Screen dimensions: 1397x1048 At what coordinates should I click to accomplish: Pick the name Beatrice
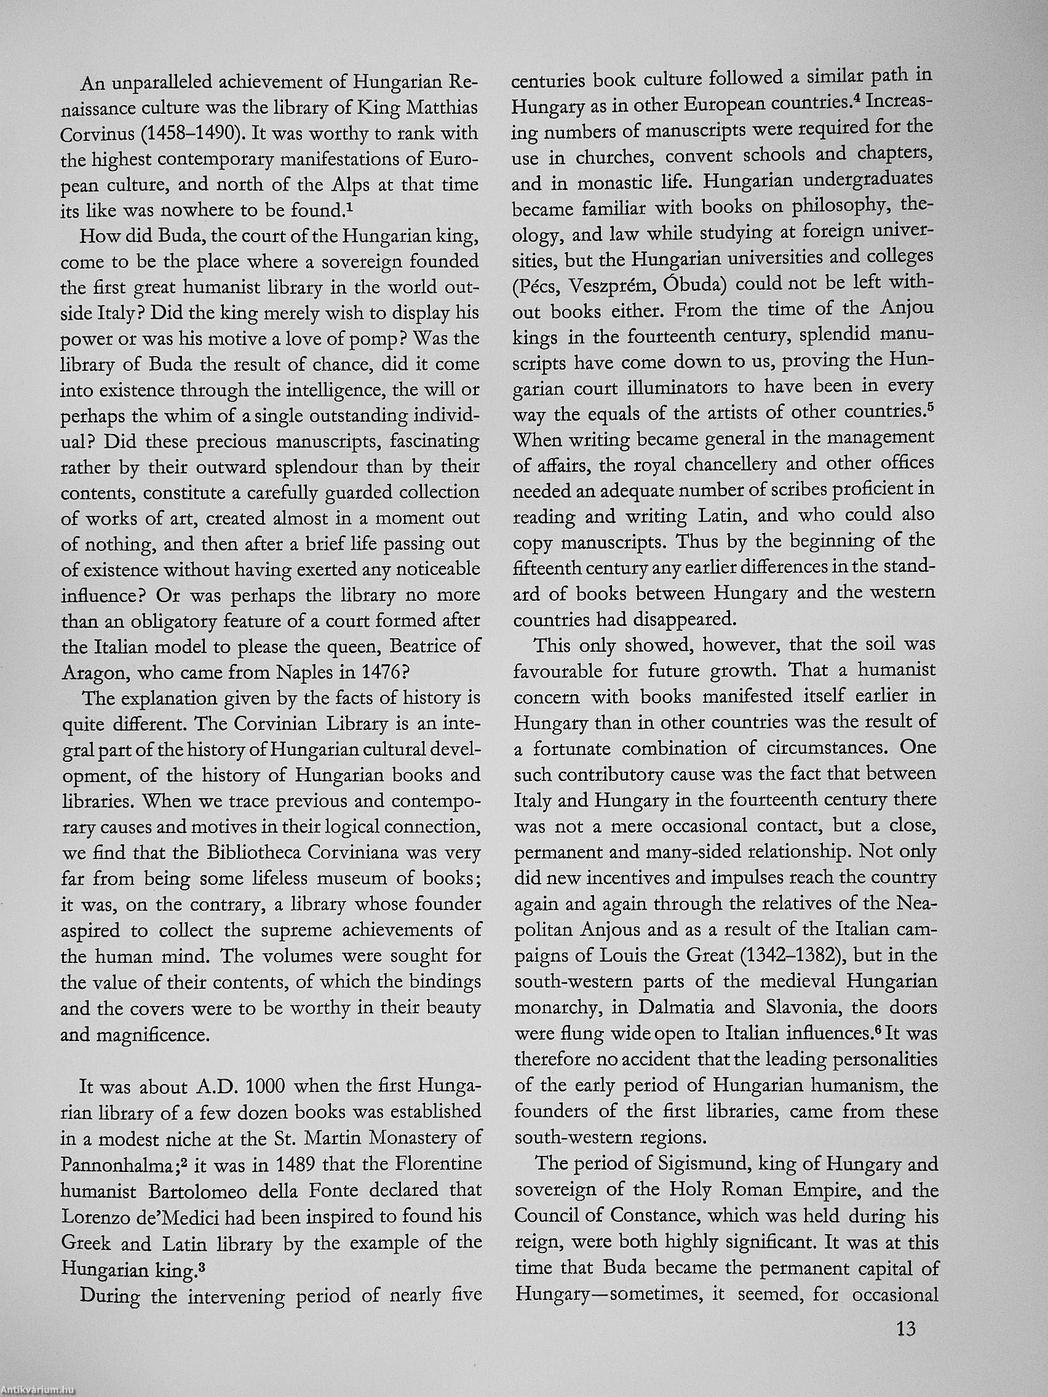point(436,646)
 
